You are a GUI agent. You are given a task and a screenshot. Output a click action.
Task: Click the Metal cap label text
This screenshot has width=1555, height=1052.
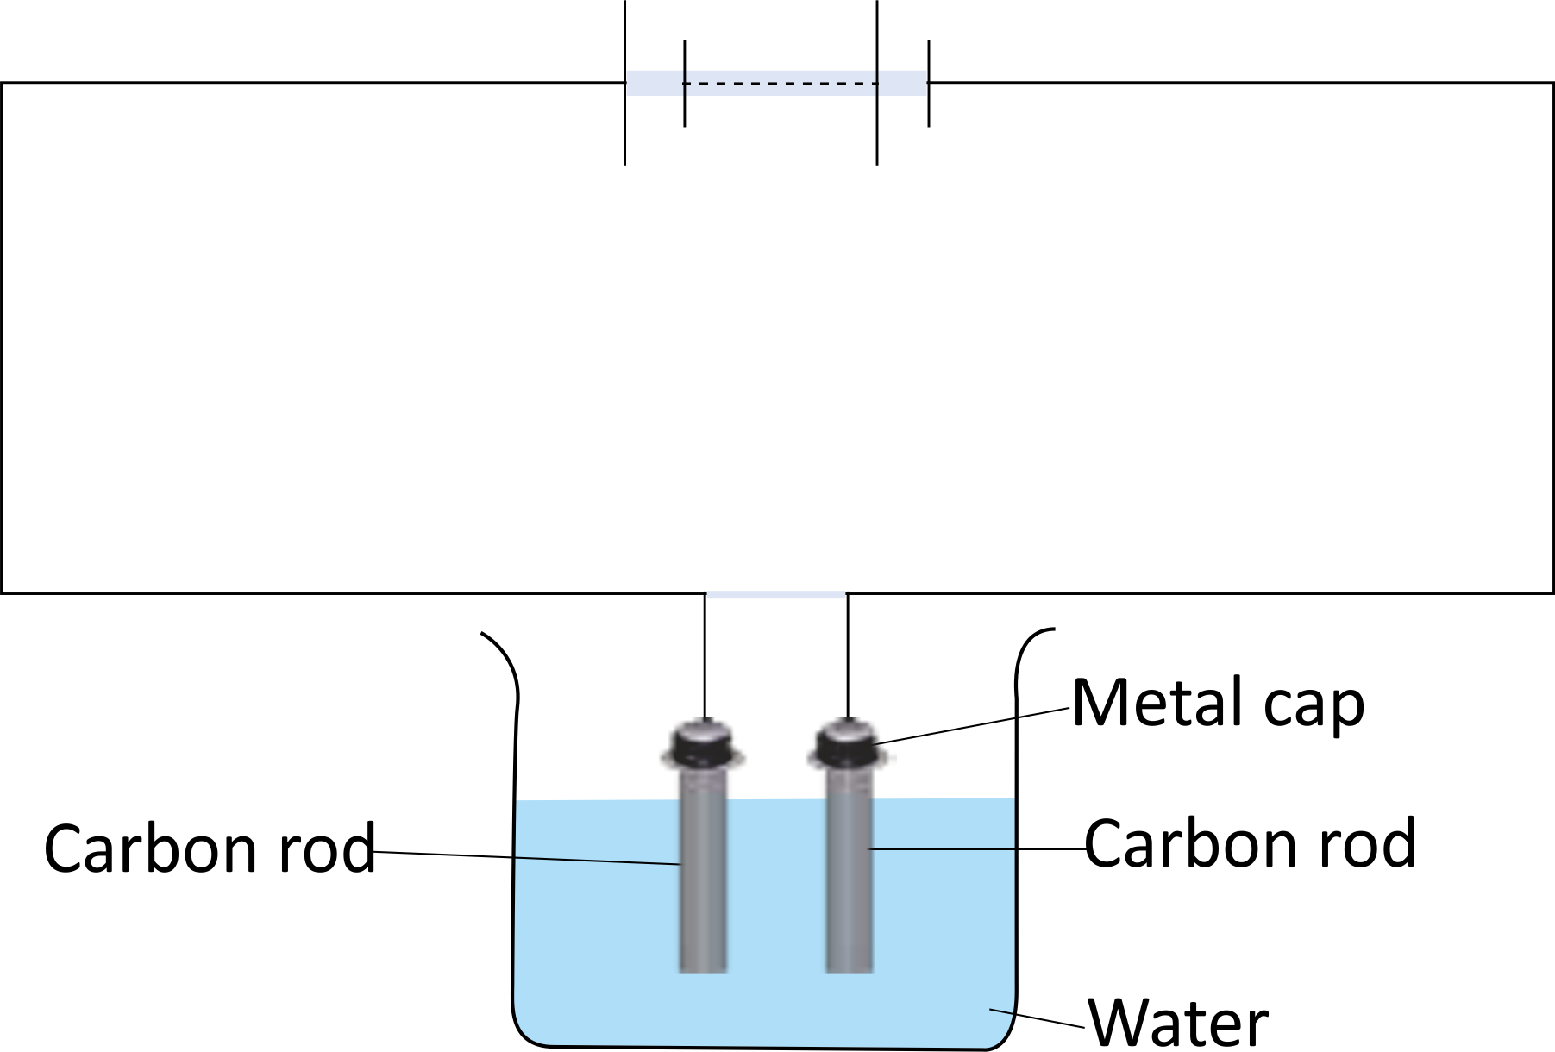(1218, 704)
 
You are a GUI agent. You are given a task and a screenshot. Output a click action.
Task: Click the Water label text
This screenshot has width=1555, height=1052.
(1178, 1023)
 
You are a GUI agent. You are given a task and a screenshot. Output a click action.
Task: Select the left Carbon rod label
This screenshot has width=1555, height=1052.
(210, 848)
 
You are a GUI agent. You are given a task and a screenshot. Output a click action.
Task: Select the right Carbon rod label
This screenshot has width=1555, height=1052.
(1250, 843)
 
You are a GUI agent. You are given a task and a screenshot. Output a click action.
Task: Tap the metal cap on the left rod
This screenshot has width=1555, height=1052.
(703, 743)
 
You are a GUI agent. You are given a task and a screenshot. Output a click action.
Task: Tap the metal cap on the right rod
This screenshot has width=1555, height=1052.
(850, 743)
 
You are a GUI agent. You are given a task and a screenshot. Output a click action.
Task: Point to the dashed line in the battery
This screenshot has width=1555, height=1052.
(781, 84)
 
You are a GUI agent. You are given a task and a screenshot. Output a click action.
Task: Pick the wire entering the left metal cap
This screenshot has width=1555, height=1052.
(705, 655)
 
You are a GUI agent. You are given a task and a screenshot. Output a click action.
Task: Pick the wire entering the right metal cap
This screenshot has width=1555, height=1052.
(848, 655)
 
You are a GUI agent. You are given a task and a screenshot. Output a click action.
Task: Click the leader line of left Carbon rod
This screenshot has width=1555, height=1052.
(526, 858)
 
